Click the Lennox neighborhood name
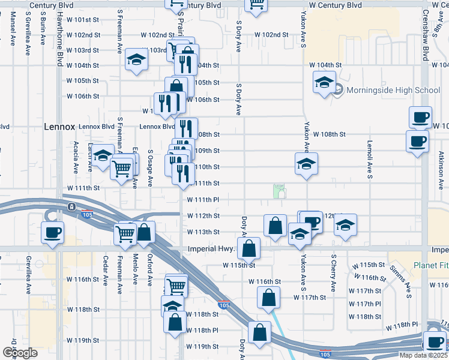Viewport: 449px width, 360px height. (58, 127)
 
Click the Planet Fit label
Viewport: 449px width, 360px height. (430, 265)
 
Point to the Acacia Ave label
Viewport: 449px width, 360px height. (76, 158)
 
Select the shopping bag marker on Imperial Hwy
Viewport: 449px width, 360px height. (249, 248)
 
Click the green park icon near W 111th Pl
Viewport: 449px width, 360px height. (279, 191)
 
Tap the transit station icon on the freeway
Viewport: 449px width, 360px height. (71, 207)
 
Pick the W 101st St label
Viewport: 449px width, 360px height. (82, 20)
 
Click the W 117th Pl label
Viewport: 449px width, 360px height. (369, 304)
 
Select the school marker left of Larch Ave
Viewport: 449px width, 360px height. (103, 155)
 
